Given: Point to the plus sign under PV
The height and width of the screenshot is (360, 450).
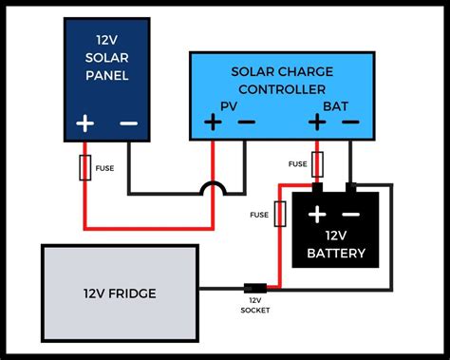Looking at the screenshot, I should pyautogui.click(x=213, y=122).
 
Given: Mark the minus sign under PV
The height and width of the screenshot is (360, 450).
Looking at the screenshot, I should pyautogui.click(x=245, y=122).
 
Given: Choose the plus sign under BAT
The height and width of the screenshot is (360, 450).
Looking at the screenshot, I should pyautogui.click(x=318, y=122).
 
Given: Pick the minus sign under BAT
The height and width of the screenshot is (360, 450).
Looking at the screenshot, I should pyautogui.click(x=351, y=122).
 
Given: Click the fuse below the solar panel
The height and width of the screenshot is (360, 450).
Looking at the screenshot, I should pyautogui.click(x=84, y=169).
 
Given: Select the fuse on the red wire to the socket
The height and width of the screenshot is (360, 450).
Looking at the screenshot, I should pyautogui.click(x=279, y=214).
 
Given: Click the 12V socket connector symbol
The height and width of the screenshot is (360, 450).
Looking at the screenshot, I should pyautogui.click(x=254, y=288).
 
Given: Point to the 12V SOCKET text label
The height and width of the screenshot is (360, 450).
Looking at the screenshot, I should pyautogui.click(x=255, y=306).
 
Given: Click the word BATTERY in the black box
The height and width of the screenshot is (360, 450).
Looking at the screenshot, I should pyautogui.click(x=335, y=255).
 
